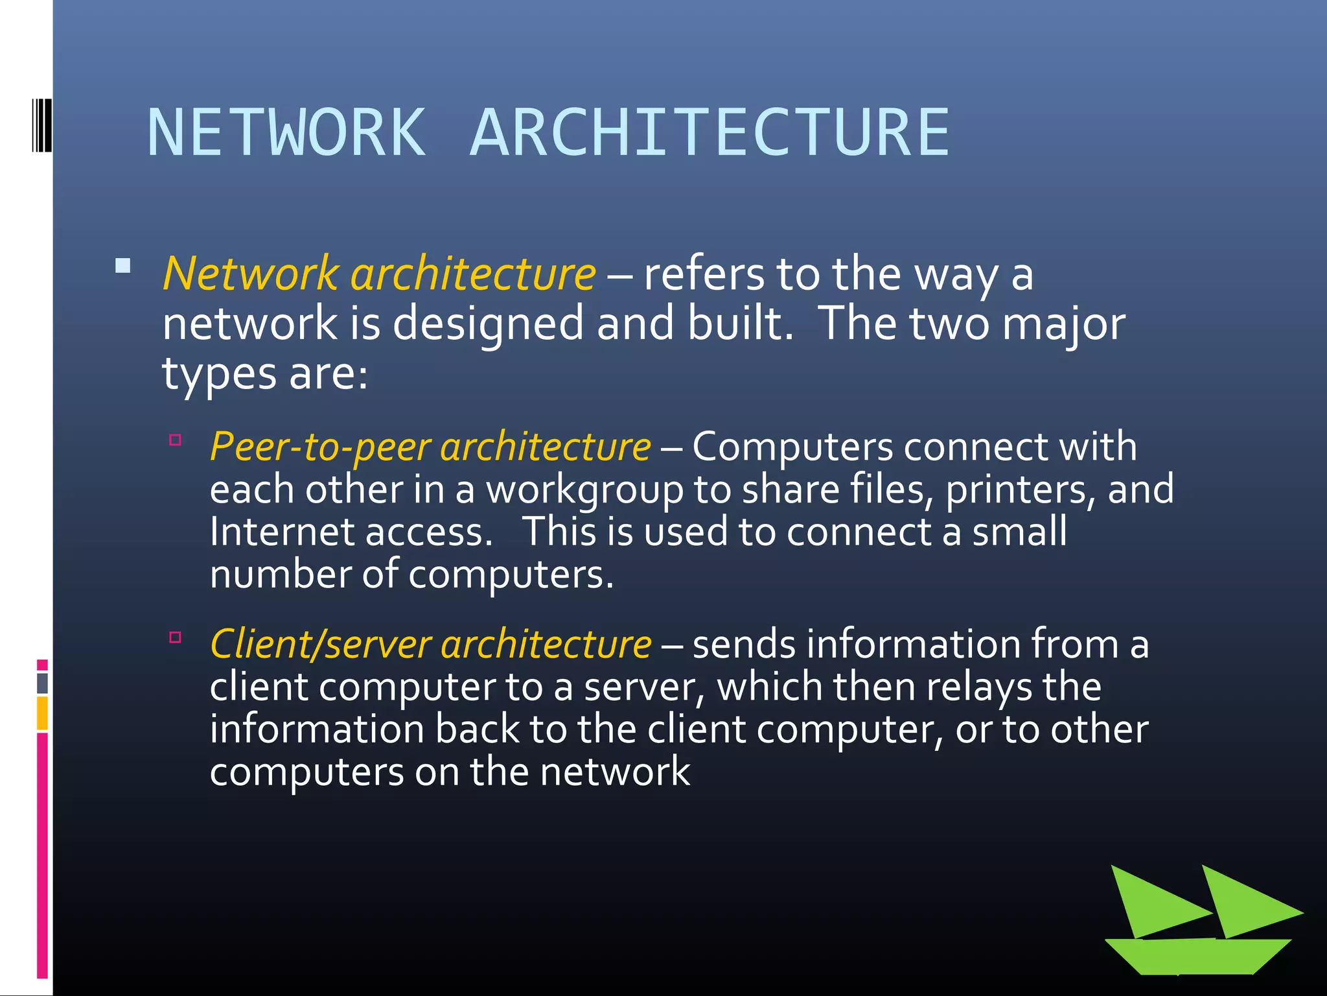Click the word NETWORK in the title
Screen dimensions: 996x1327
[286, 133]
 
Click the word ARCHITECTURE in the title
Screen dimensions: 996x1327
[710, 133]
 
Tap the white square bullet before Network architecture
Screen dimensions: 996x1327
[123, 266]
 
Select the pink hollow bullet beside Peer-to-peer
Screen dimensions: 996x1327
[175, 440]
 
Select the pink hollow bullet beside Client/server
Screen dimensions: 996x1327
[175, 637]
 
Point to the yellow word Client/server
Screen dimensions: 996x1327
[321, 645]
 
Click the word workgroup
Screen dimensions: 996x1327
[584, 490]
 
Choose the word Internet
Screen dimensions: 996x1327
[282, 532]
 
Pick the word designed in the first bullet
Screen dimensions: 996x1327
[488, 324]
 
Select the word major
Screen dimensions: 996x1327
[1063, 324]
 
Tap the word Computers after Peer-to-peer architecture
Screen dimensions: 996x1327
[792, 447]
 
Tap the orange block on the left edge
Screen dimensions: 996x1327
[42, 713]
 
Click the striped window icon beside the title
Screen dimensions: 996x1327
[41, 126]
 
